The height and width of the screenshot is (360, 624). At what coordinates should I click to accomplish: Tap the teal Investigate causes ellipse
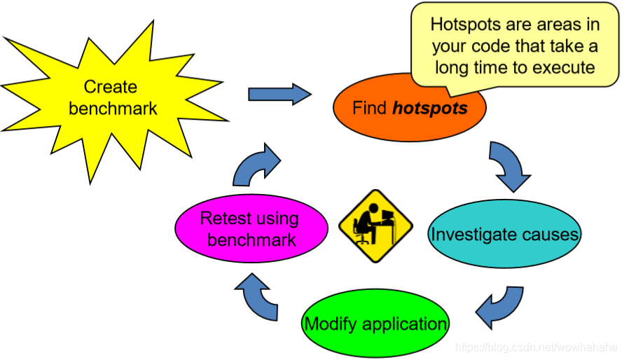point(504,234)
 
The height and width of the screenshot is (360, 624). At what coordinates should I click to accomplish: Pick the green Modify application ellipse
point(375,324)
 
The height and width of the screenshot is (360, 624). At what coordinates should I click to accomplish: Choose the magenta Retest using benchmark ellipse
point(249,229)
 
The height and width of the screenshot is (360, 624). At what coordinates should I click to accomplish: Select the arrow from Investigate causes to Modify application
point(499,305)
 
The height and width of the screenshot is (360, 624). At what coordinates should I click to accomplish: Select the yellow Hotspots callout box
point(515,46)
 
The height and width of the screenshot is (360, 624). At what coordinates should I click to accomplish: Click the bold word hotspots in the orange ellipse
point(430,109)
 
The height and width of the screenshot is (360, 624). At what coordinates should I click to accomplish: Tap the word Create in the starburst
point(110,87)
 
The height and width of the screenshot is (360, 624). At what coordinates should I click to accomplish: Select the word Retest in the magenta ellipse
point(223,218)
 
